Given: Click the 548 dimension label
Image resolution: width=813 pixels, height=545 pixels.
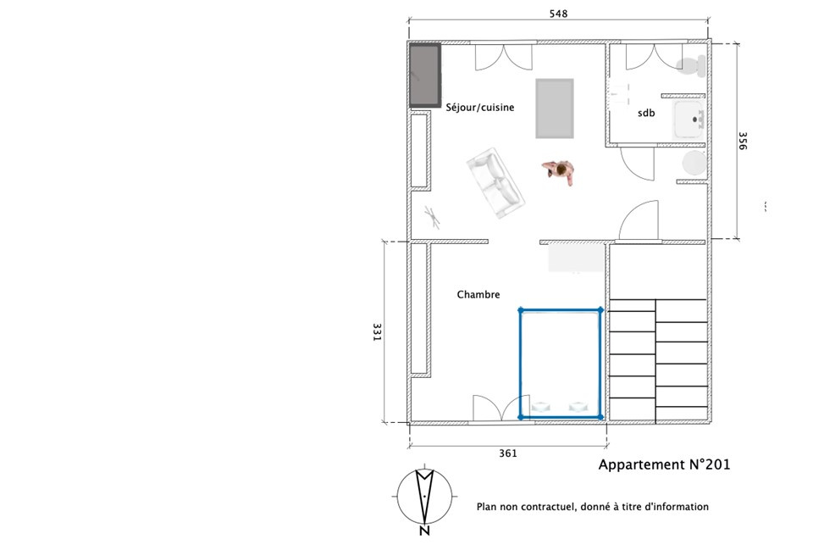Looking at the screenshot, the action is click(558, 14).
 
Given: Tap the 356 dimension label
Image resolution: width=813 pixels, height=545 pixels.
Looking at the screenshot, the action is click(743, 141).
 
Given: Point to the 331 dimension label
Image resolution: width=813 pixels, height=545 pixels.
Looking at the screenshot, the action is click(377, 332).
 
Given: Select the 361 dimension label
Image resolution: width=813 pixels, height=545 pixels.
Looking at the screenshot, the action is click(508, 453).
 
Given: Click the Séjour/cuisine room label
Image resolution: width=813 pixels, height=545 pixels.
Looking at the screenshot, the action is click(480, 108).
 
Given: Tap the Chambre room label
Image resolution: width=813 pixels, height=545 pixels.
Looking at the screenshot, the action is click(478, 294).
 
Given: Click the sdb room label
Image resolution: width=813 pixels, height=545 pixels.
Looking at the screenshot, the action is click(646, 113).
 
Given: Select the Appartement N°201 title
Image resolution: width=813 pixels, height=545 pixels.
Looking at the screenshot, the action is click(664, 464).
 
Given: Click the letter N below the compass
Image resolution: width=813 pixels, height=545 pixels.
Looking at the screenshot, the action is click(424, 531).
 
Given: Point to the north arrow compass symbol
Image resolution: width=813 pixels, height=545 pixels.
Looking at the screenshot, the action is click(424, 496).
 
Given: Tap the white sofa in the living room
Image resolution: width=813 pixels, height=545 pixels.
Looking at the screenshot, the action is click(495, 183).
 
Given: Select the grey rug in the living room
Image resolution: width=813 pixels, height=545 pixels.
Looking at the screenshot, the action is click(555, 108).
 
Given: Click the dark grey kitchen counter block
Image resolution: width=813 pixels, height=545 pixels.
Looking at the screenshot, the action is click(426, 75).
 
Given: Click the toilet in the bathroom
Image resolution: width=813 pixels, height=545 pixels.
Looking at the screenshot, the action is click(692, 65).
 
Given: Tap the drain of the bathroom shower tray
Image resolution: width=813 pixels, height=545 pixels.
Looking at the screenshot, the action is click(694, 120).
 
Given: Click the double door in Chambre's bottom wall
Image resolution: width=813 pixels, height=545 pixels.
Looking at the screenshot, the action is click(501, 408).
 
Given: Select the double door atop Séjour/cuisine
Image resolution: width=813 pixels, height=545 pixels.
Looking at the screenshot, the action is click(504, 57).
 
